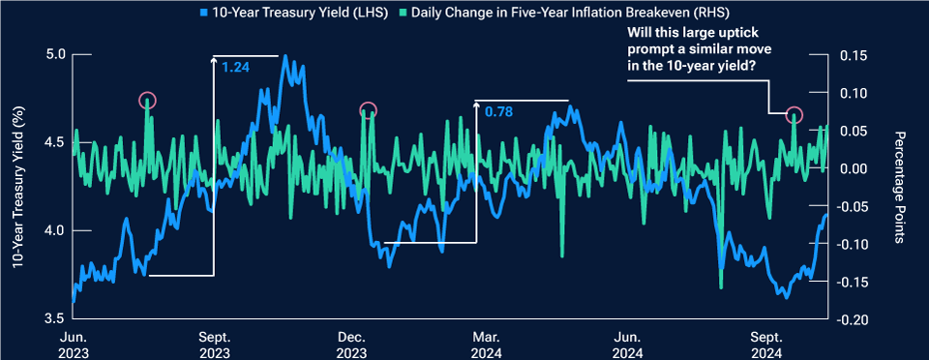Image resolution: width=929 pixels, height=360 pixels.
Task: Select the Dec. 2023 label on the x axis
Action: click(350, 344)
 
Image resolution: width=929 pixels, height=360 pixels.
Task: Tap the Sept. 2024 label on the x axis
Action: click(766, 344)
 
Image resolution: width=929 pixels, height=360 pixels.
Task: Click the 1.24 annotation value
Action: click(234, 67)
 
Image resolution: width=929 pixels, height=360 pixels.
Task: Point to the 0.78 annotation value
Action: click(497, 111)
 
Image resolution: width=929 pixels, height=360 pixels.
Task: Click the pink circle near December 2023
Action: click(367, 110)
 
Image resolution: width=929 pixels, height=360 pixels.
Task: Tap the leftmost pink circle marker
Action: click(147, 100)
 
